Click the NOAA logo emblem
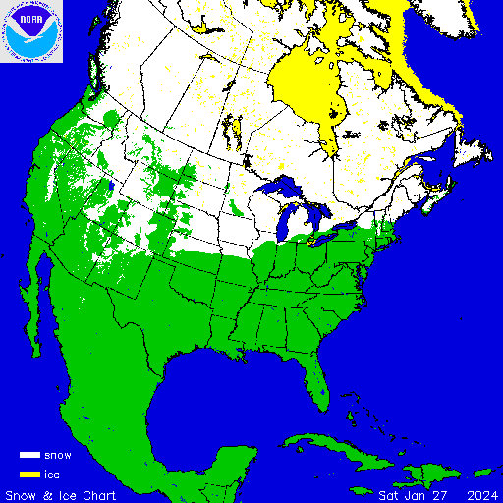point(31,31)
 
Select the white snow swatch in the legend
point(29,456)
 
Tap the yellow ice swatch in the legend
point(29,475)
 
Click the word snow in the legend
point(58,456)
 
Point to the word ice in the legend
point(52,475)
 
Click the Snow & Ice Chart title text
point(61,494)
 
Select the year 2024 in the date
point(480,494)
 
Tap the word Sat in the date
point(390,494)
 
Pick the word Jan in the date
point(418,494)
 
